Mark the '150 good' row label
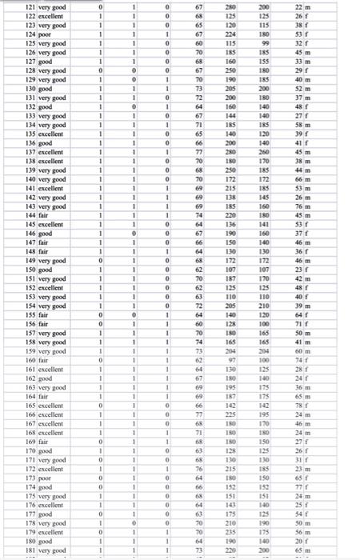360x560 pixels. click(x=29, y=270)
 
